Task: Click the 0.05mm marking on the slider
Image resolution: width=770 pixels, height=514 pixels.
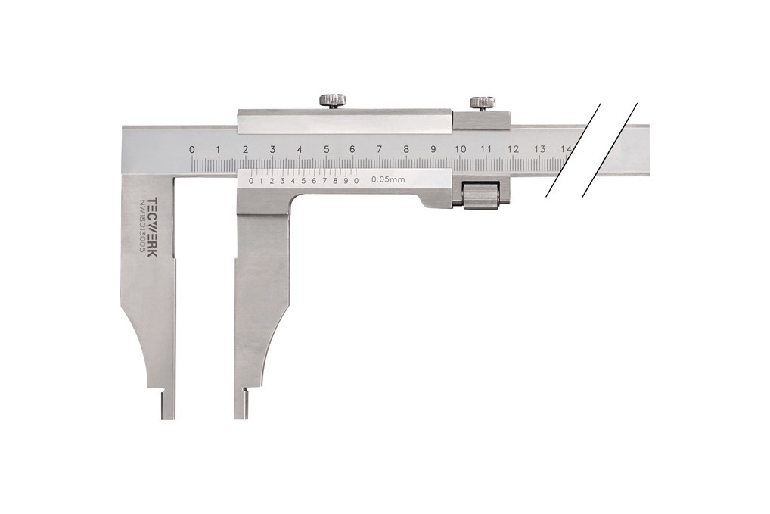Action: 388,179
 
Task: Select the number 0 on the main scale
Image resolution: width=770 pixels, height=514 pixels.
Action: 191,149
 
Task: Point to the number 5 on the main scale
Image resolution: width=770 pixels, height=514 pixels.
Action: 326,149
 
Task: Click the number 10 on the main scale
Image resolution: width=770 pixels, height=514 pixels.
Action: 460,149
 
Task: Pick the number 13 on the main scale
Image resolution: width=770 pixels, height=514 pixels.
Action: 540,149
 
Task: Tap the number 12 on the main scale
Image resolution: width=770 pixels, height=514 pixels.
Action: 513,149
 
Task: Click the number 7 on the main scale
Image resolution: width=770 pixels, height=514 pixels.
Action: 379,149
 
